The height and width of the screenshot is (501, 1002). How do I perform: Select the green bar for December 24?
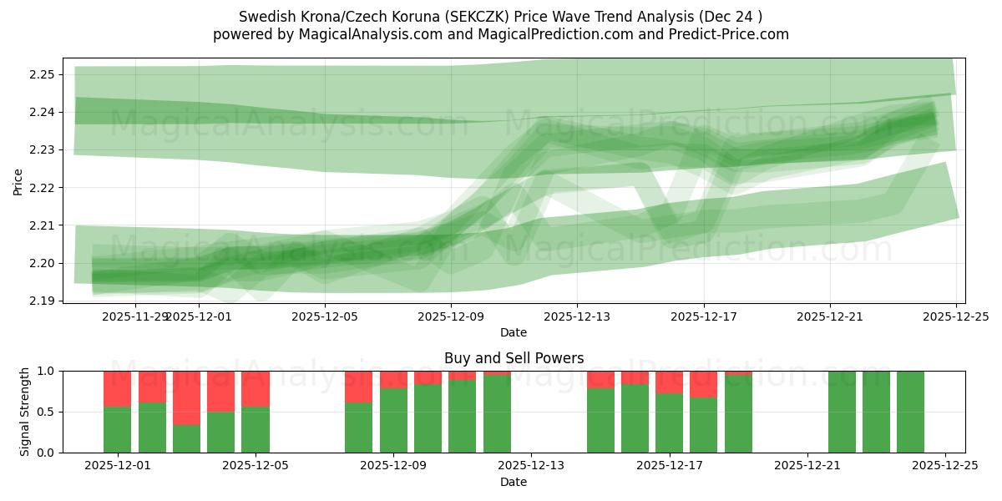pyautogui.click(x=910, y=412)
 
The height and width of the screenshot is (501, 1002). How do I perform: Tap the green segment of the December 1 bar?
pyautogui.click(x=118, y=430)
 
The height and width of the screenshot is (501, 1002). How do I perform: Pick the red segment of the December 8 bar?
pyautogui.click(x=359, y=387)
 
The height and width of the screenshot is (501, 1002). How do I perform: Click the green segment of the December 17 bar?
pyautogui.click(x=669, y=423)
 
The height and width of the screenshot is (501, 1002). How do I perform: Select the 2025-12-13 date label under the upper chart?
pyautogui.click(x=577, y=316)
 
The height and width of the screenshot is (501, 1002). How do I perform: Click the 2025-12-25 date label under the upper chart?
pyautogui.click(x=955, y=316)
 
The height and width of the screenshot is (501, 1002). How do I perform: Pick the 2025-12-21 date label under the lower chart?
pyautogui.click(x=807, y=466)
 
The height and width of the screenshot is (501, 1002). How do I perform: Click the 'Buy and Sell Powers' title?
pyautogui.click(x=514, y=358)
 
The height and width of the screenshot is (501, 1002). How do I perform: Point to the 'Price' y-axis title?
pyautogui.click(x=18, y=180)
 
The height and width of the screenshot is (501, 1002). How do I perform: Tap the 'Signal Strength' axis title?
pyautogui.click(x=25, y=412)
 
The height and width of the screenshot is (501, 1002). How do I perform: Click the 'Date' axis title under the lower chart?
pyautogui.click(x=514, y=482)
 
